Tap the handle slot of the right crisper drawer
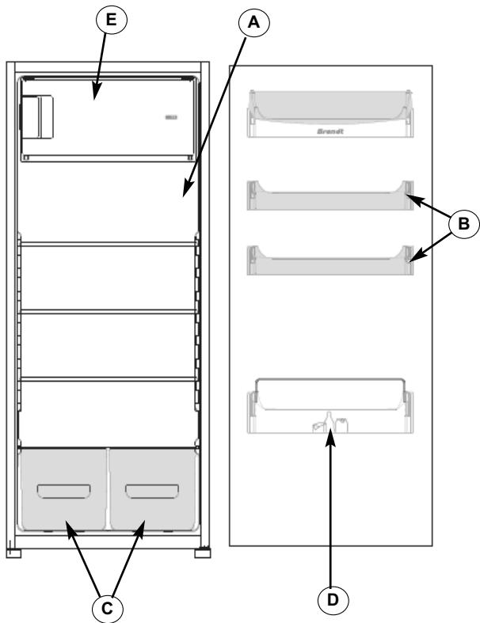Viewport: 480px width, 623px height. [151, 492]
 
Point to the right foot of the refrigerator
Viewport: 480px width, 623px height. [204, 548]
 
